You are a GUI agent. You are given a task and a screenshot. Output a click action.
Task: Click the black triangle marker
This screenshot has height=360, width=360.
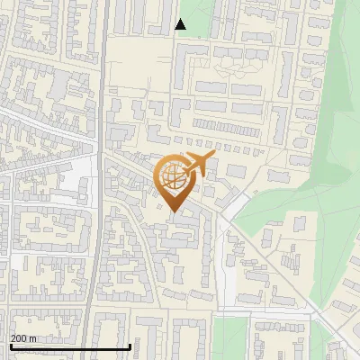pos(181,24)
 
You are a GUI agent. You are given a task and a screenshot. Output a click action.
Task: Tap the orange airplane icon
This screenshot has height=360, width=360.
pos(199,165)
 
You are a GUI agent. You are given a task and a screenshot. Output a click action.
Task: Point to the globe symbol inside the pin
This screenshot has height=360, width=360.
pos(172,177)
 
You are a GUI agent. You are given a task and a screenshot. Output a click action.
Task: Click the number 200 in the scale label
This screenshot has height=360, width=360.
pos(19,338)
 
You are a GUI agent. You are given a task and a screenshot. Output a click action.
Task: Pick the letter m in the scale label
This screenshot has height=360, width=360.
pos(32,338)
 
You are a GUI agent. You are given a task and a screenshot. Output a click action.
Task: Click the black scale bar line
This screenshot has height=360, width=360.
pos(70,346)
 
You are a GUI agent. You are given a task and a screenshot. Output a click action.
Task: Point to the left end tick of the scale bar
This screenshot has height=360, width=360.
pos(10,345)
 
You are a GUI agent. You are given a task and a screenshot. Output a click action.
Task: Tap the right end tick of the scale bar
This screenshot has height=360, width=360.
pos(130,345)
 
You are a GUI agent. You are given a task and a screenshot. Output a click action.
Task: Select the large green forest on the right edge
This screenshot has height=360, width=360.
pos(337,135)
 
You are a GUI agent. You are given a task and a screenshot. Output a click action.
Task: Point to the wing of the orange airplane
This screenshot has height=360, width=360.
pos(198,171)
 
